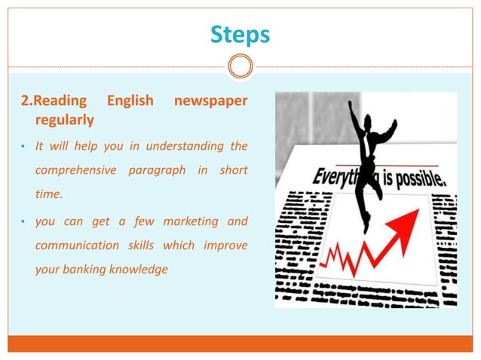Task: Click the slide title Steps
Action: tap(240, 35)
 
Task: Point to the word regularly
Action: tap(64, 120)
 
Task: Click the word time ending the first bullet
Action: tap(48, 194)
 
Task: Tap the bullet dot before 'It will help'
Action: tap(23, 146)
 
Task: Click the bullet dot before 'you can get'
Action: tap(23, 221)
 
